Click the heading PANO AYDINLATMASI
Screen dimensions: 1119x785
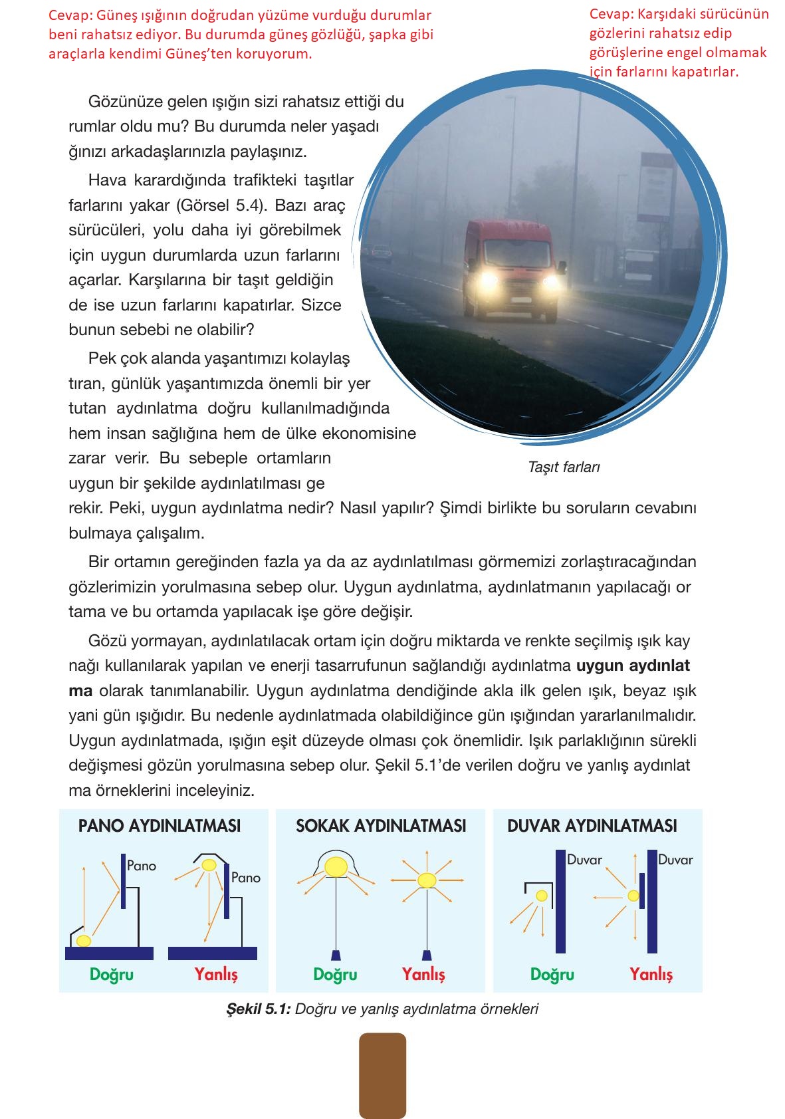pyautogui.click(x=160, y=826)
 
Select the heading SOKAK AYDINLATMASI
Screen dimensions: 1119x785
pyautogui.click(x=381, y=826)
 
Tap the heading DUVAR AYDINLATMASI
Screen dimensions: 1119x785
pyautogui.click(x=592, y=826)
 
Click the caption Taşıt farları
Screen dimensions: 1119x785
pyautogui.click(x=564, y=467)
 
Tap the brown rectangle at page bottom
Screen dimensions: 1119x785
pyautogui.click(x=382, y=1075)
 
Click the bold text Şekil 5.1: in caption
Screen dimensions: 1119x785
pyautogui.click(x=259, y=1009)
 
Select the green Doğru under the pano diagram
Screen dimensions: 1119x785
pyautogui.click(x=112, y=975)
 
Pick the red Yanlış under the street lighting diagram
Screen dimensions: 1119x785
pyautogui.click(x=423, y=975)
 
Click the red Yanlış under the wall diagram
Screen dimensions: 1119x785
pyautogui.click(x=651, y=975)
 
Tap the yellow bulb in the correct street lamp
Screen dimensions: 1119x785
pyautogui.click(x=336, y=866)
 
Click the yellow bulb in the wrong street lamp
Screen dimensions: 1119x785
pyautogui.click(x=427, y=880)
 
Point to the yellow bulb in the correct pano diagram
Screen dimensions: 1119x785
pyautogui.click(x=84, y=941)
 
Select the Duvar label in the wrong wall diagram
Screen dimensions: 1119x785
pyautogui.click(x=675, y=860)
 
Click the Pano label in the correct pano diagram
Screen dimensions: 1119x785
pyautogui.click(x=142, y=866)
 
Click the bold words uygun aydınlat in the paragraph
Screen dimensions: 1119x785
pyautogui.click(x=633, y=666)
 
